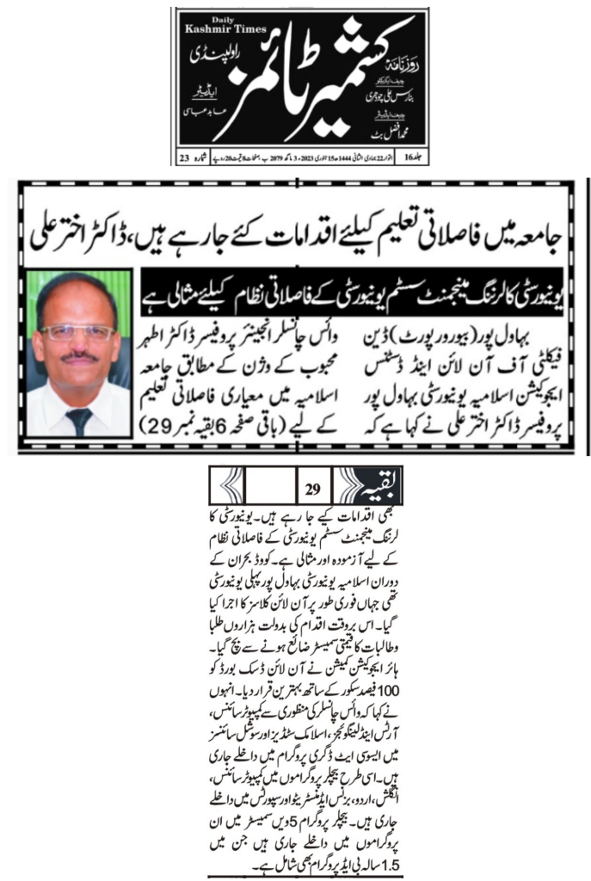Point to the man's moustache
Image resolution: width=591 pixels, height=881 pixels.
point(78,355)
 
